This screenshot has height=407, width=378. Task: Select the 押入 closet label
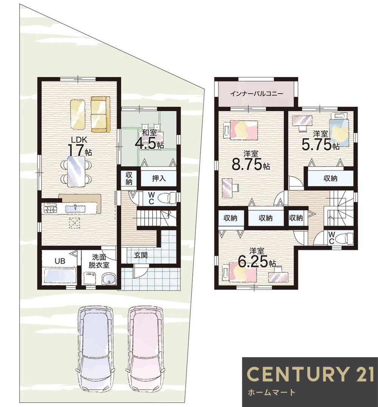click(x=159, y=178)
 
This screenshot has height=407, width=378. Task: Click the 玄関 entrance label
click(x=141, y=255)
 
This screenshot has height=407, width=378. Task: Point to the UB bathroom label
click(x=60, y=261)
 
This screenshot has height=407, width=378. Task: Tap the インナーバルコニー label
click(x=256, y=94)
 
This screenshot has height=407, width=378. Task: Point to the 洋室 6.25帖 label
click(x=257, y=258)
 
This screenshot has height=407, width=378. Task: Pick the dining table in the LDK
click(x=76, y=171)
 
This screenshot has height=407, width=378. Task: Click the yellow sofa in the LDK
click(x=99, y=114)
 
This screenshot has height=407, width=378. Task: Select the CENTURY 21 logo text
click(x=310, y=374)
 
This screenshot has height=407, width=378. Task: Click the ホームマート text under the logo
click(x=272, y=392)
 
